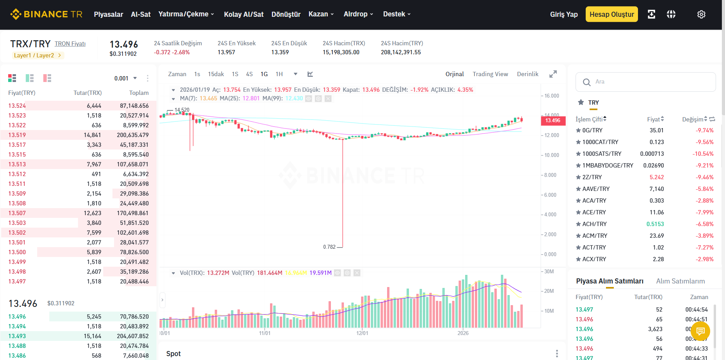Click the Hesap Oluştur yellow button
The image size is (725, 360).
(x=611, y=14)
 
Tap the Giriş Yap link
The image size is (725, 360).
(x=564, y=14)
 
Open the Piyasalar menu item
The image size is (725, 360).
(x=108, y=14)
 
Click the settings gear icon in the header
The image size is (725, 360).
(x=701, y=14)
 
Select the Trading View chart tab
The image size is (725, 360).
(x=490, y=74)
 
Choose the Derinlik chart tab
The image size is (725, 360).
(x=528, y=74)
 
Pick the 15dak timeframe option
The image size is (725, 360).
(x=216, y=74)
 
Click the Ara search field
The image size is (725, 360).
(x=645, y=82)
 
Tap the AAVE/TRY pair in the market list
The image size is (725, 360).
(x=596, y=189)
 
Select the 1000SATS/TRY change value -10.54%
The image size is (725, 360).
(x=703, y=154)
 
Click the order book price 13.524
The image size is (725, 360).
(x=17, y=106)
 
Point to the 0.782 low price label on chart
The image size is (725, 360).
(x=329, y=247)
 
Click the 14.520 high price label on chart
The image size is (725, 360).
(x=182, y=110)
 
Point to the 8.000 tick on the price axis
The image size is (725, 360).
(x=550, y=175)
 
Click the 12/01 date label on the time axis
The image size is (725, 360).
(x=362, y=333)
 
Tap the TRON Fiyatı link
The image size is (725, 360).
(x=70, y=44)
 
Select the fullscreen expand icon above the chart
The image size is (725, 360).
(x=553, y=74)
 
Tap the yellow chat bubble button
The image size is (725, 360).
(x=700, y=331)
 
